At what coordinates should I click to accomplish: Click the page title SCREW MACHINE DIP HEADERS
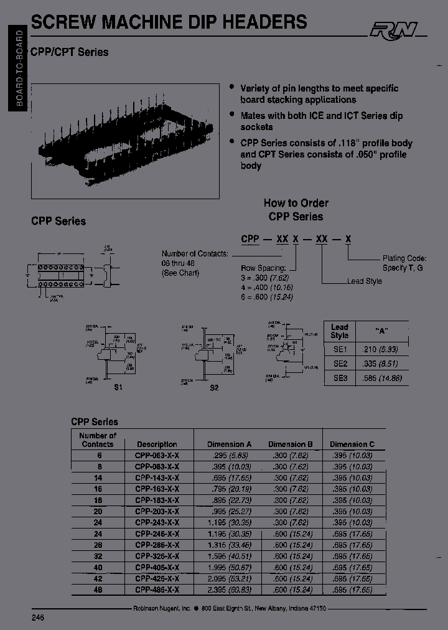click(x=169, y=22)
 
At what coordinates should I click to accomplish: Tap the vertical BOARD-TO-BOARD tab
click(x=19, y=71)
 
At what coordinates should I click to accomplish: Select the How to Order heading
click(x=296, y=203)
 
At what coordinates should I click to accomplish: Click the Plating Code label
click(x=403, y=258)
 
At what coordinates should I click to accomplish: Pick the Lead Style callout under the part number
click(x=365, y=281)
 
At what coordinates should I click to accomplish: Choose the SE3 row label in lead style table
click(x=340, y=377)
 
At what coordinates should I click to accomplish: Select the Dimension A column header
click(x=229, y=444)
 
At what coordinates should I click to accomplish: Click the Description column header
click(x=157, y=444)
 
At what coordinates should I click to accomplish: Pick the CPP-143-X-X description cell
click(x=157, y=477)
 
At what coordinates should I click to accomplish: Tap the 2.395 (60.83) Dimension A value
click(x=229, y=590)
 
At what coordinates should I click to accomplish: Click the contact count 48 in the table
click(x=98, y=590)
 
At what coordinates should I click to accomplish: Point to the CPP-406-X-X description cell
click(x=157, y=567)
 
